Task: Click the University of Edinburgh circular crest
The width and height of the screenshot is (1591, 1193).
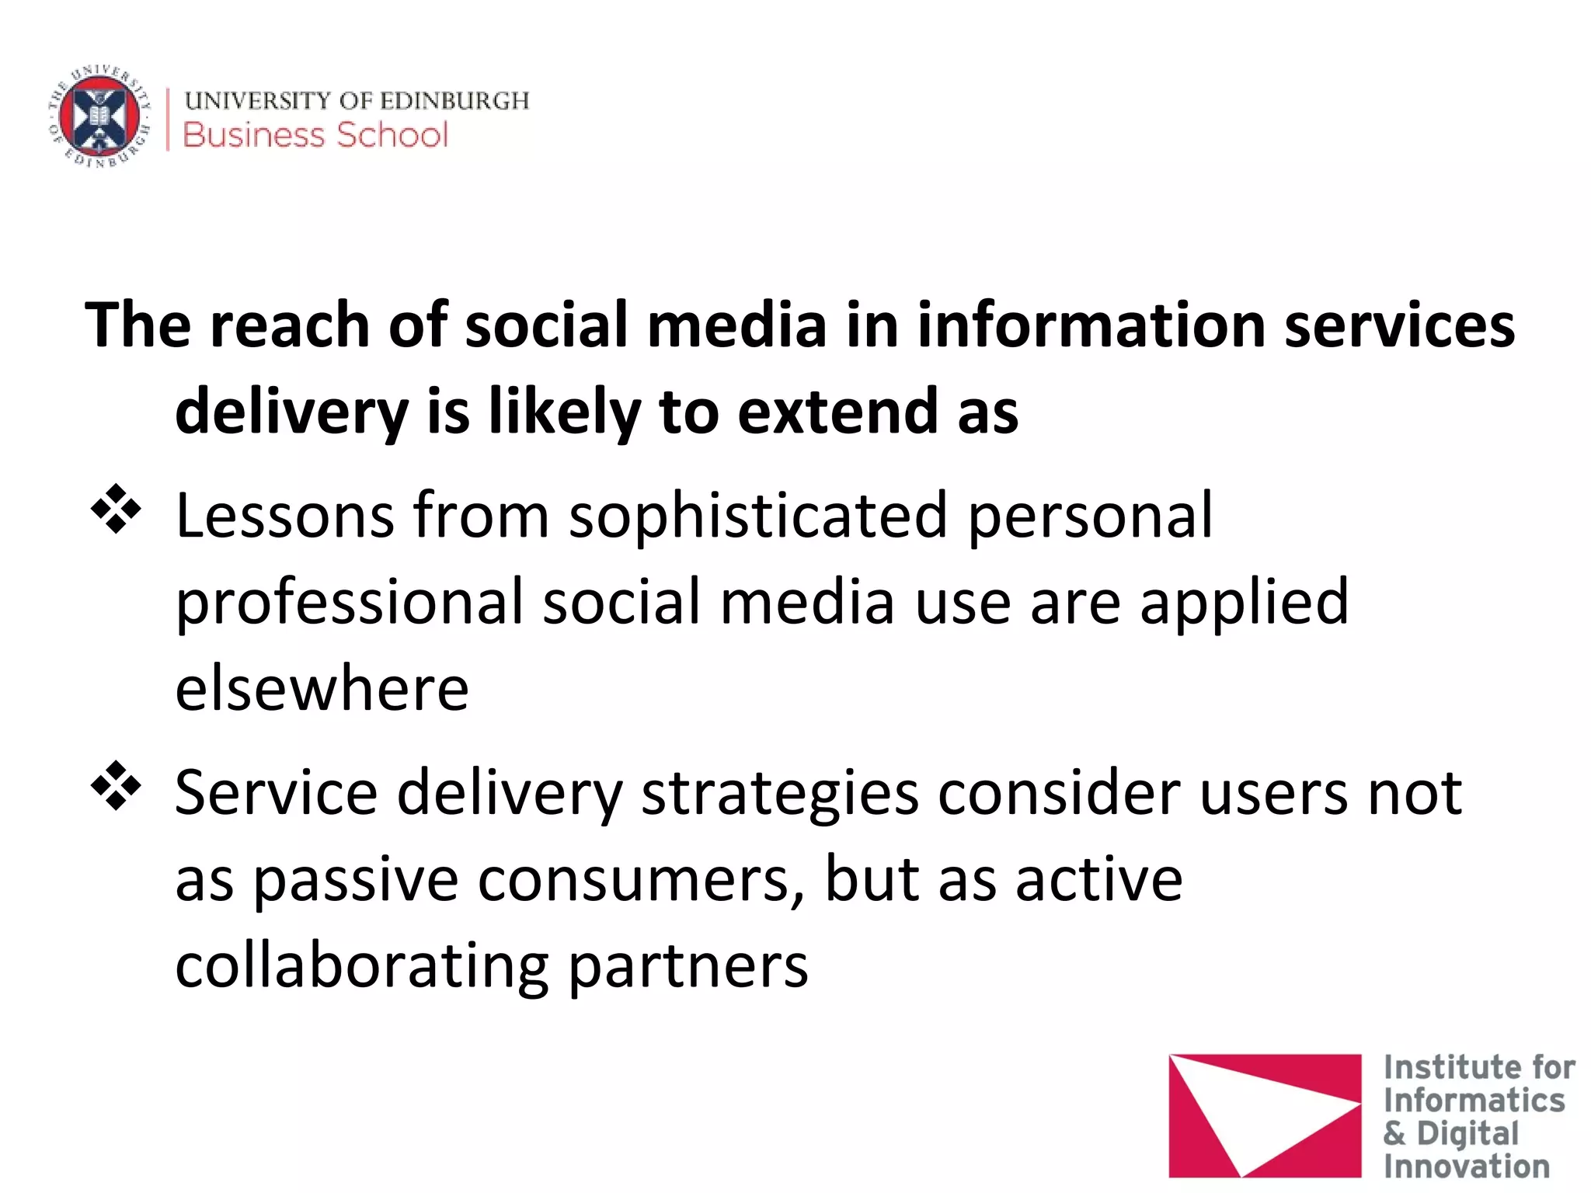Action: pyautogui.click(x=99, y=117)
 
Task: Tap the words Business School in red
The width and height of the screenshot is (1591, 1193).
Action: pyautogui.click(x=315, y=135)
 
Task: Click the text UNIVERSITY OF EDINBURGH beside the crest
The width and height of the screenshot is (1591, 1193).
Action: pyautogui.click(x=357, y=100)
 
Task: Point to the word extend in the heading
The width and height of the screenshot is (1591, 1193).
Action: pyautogui.click(x=837, y=412)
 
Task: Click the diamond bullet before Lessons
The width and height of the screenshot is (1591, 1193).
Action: pyautogui.click(x=116, y=509)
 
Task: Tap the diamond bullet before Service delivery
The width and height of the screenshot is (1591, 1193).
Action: pyautogui.click(x=116, y=785)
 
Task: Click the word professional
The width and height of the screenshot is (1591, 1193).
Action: pyautogui.click(x=350, y=602)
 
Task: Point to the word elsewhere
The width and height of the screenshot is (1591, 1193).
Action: pyautogui.click(x=322, y=689)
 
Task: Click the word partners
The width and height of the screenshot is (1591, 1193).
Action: pyautogui.click(x=688, y=968)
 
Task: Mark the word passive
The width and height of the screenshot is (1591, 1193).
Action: pyautogui.click(x=356, y=880)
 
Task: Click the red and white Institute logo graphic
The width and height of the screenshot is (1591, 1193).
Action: pyautogui.click(x=1264, y=1115)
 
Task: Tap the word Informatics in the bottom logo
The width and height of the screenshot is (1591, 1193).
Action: pyautogui.click(x=1474, y=1101)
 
